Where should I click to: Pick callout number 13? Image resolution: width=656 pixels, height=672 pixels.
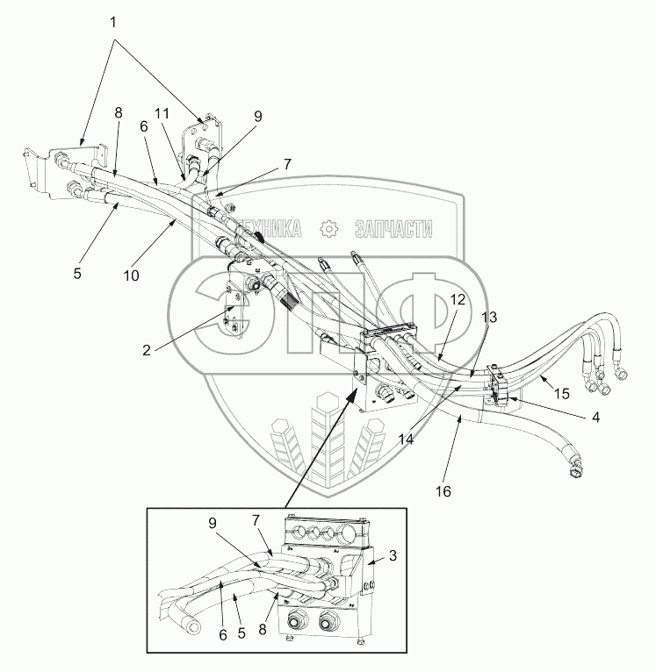(489, 317)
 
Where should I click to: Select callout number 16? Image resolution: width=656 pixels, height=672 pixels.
(444, 491)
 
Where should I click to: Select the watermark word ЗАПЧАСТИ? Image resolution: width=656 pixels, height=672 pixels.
(393, 229)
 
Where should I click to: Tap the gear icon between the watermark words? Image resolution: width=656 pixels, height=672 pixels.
(329, 229)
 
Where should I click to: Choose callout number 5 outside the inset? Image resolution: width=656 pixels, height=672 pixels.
(77, 273)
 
